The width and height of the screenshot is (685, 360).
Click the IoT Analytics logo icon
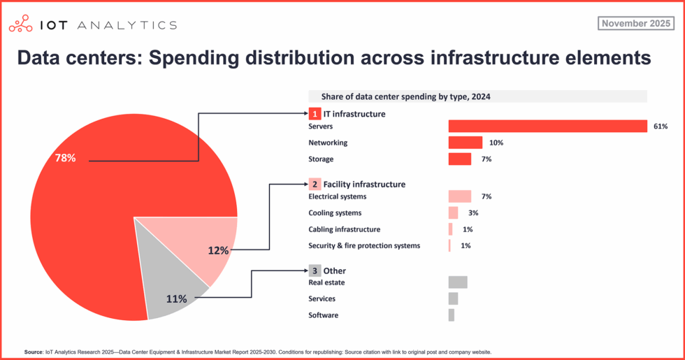click(20, 25)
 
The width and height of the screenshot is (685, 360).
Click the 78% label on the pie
click(65, 158)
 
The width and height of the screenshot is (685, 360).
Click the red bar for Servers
click(547, 127)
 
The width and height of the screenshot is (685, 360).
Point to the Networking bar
click(465, 143)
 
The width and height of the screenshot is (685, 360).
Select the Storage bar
click(459, 159)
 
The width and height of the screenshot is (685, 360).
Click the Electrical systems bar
click(459, 196)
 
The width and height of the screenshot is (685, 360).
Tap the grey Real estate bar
click(457, 282)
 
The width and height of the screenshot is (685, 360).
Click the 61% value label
click(661, 127)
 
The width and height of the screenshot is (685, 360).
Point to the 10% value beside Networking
click(496, 143)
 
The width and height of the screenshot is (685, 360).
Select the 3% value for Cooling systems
click(473, 213)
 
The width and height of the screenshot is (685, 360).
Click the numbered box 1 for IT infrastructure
click(315, 113)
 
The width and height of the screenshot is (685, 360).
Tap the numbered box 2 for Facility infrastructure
click(315, 185)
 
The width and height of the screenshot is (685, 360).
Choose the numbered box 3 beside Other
click(315, 271)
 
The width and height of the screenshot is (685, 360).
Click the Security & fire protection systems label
click(364, 246)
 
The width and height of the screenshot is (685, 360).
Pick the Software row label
click(323, 315)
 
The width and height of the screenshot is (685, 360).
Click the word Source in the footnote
click(34, 352)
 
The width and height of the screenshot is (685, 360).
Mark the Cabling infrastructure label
click(344, 229)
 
